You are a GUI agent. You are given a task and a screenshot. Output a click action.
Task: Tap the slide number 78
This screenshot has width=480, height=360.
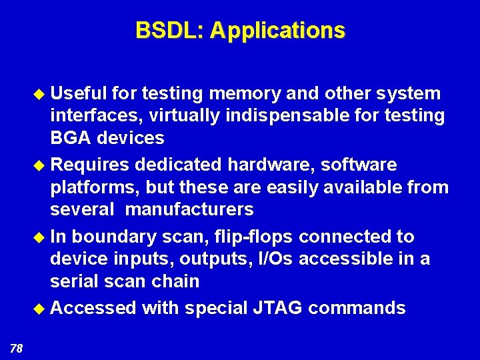point(17,347)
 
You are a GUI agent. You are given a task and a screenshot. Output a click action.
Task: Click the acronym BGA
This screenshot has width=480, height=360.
point(71,138)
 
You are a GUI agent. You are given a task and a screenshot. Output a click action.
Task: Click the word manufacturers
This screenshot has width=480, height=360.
point(189,209)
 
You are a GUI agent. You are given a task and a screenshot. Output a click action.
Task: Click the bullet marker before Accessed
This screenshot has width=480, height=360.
point(43,308)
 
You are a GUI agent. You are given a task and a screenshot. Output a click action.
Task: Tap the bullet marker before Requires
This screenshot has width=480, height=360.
point(43,165)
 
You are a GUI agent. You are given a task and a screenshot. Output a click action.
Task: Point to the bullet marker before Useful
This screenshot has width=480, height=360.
point(43,94)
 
